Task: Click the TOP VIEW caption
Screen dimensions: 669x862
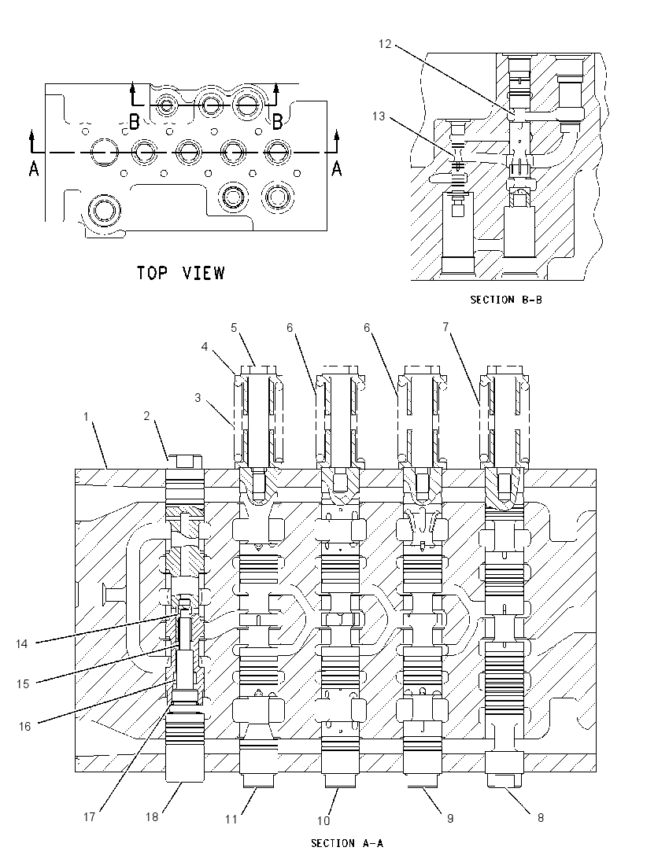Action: [x=181, y=273]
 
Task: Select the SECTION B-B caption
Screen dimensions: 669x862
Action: [x=506, y=300]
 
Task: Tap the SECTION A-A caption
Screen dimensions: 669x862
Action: [x=347, y=843]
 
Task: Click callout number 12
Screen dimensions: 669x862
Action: [x=385, y=44]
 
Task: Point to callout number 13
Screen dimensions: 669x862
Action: [x=379, y=116]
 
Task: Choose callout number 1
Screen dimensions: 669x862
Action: [x=86, y=417]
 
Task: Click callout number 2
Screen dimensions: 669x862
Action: [x=146, y=415]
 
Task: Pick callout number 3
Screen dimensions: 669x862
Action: [x=198, y=397]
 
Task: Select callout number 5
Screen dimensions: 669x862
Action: [x=234, y=328]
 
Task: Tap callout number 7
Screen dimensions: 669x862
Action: [x=445, y=326]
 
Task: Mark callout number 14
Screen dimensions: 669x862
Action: [x=21, y=643]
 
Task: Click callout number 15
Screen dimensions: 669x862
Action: [x=23, y=684]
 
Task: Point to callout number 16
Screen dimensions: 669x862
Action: [x=24, y=726]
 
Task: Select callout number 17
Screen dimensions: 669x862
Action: [x=89, y=817]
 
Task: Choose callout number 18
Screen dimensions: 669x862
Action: [x=152, y=817]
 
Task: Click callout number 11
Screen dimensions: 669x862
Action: [x=231, y=819]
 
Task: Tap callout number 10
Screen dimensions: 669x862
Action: [x=323, y=821]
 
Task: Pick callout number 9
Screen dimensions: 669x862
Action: [x=450, y=819]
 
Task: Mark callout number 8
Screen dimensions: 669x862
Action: [x=540, y=818]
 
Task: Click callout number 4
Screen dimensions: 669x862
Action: [x=205, y=347]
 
